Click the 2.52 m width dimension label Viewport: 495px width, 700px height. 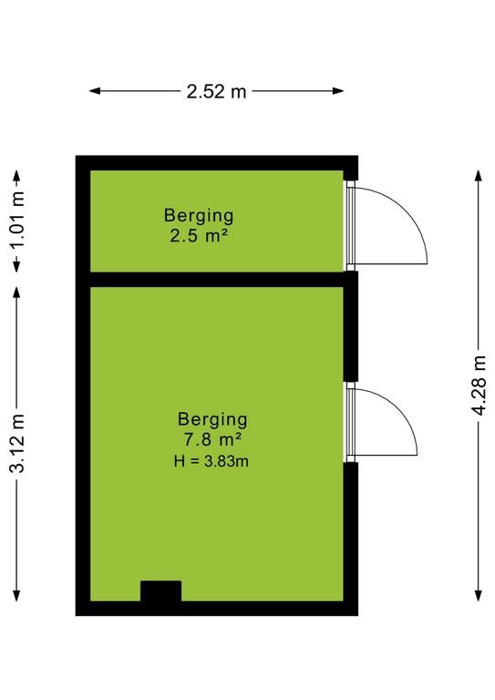coord(216,91)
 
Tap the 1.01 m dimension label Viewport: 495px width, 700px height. coord(18,220)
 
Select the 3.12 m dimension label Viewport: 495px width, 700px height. coord(18,443)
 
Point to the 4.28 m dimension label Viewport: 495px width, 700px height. coord(479,386)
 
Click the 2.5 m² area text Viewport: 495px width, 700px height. coord(199,235)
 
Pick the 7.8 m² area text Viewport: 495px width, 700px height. coord(212,439)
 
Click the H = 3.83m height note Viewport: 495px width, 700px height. coord(211,460)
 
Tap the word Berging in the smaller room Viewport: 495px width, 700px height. coord(199,216)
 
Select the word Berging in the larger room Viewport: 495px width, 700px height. coord(212,419)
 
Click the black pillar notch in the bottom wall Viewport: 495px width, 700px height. coord(161,591)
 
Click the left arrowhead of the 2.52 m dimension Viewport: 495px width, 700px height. coord(94,91)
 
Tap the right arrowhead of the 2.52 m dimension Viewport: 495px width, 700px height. coord(339,91)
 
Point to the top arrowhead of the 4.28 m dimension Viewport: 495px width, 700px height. coord(479,175)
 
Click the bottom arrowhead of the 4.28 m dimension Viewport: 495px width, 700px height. coord(479,595)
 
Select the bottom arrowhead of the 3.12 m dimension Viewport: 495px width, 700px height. coord(17,595)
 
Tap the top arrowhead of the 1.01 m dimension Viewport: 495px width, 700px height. coord(17,175)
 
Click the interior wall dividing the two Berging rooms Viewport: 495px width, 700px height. coord(217,280)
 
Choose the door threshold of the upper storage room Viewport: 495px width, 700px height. coord(351,225)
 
